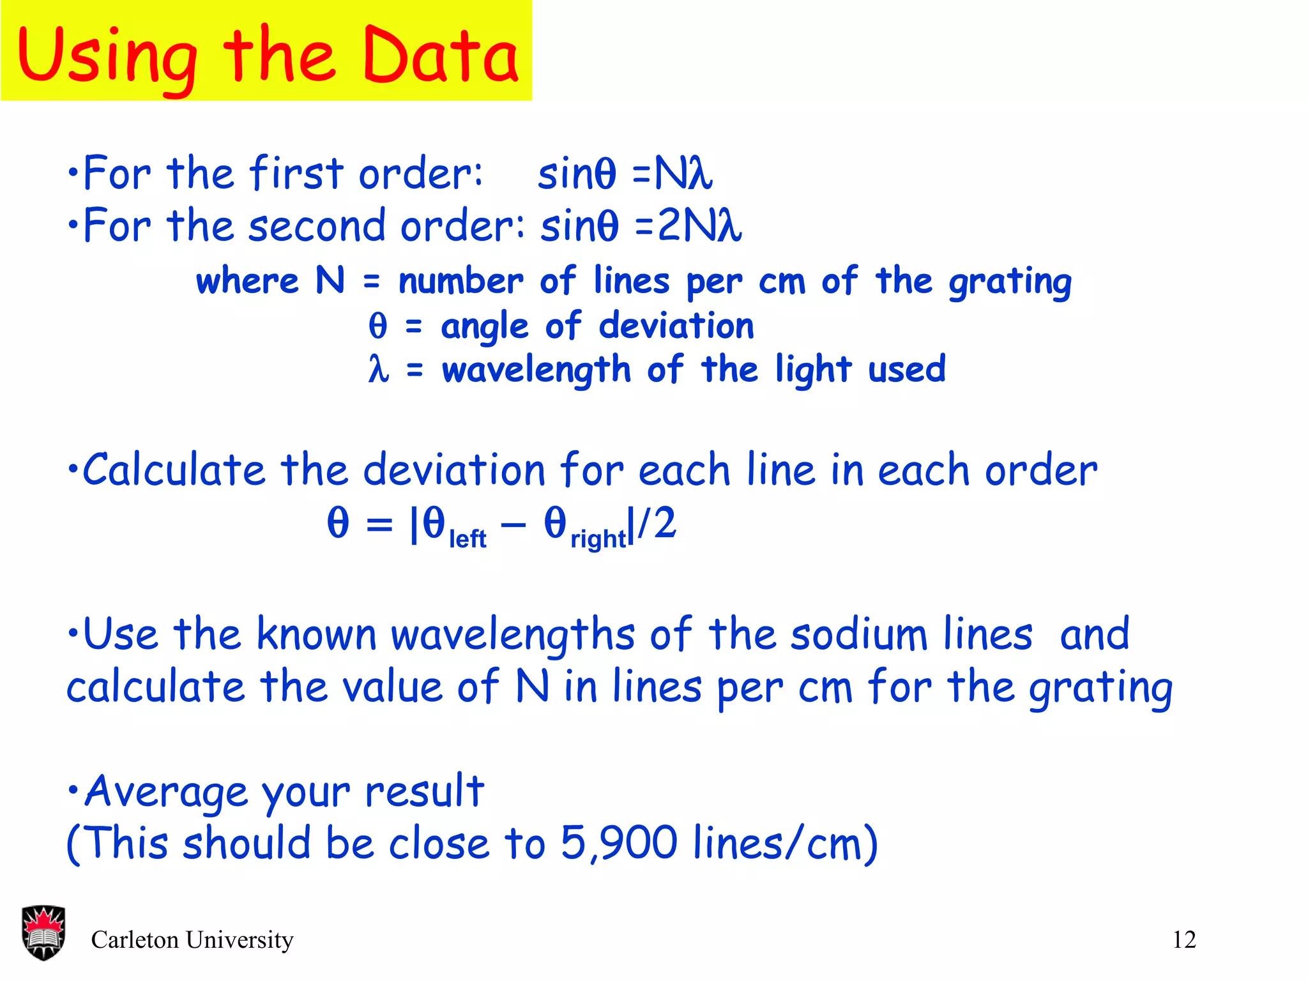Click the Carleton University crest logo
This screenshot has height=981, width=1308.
[x=43, y=932]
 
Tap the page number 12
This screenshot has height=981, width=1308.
[x=1184, y=939]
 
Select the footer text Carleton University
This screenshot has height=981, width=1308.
[x=192, y=939]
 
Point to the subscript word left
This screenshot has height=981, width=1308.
[x=468, y=540]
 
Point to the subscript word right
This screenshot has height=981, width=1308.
[x=598, y=540]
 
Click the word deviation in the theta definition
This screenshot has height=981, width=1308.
[x=676, y=326]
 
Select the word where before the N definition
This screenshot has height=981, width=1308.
[x=247, y=281]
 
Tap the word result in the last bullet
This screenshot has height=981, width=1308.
[x=424, y=791]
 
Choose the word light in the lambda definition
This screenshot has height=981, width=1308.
[x=813, y=370]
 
